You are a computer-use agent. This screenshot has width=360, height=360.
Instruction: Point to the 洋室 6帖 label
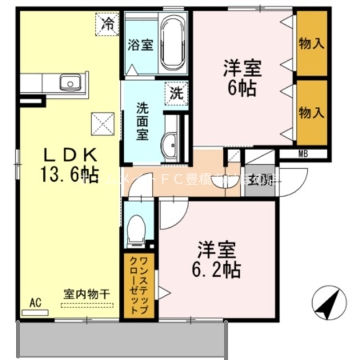[240, 78]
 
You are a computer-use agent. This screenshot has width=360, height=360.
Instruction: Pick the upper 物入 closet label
[312, 44]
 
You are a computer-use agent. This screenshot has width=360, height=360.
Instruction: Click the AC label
[35, 303]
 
